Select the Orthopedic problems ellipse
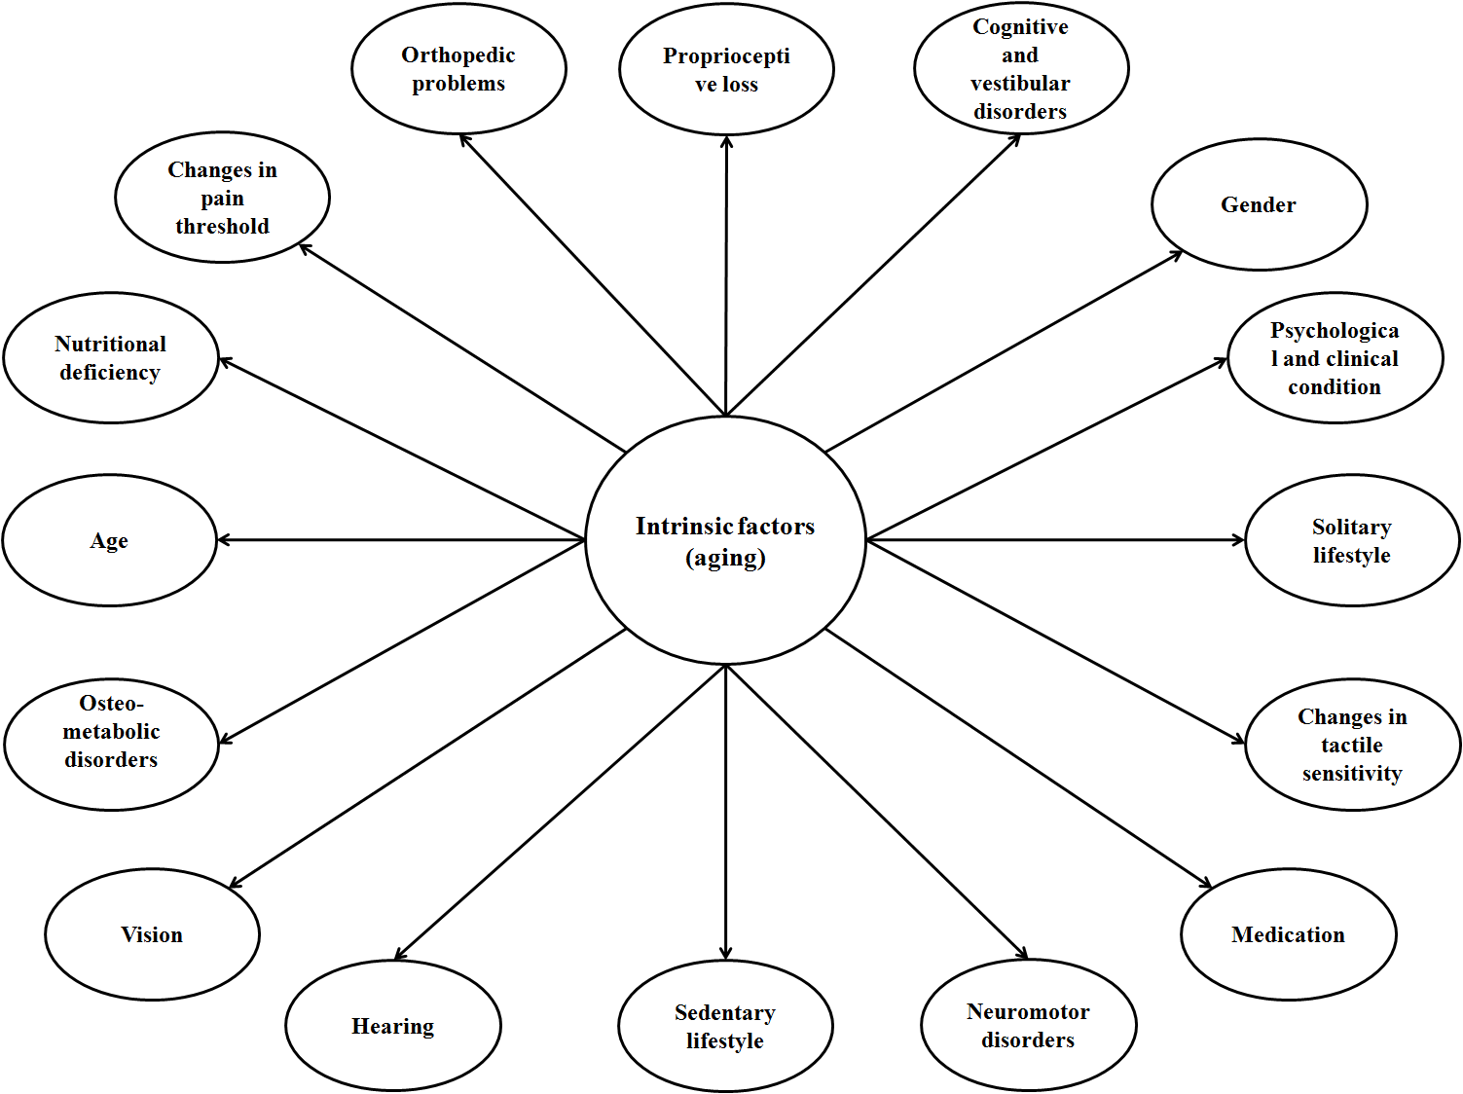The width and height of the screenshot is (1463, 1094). [x=458, y=69]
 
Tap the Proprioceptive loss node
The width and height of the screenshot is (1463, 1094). [x=726, y=70]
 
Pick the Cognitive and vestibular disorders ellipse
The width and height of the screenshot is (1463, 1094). [x=1021, y=69]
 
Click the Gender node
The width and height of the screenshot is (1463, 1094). [x=1259, y=204]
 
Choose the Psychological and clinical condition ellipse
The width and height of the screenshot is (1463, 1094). [x=1335, y=358]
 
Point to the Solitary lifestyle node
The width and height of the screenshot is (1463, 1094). [x=1352, y=540]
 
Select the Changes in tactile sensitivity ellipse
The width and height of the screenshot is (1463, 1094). [x=1352, y=745]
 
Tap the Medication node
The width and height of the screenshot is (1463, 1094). [x=1288, y=934]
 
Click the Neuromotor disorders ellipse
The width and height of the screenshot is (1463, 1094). [x=1028, y=1026]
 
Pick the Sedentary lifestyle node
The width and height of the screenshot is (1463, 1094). [x=725, y=1027]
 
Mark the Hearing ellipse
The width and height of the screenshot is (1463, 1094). [x=393, y=1026]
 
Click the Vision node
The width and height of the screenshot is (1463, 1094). [x=152, y=934]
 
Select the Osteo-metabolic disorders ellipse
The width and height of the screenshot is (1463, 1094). [x=111, y=745]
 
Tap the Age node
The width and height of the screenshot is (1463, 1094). [x=109, y=540]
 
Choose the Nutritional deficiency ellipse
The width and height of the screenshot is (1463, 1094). [x=110, y=358]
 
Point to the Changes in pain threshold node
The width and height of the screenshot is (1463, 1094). [x=222, y=198]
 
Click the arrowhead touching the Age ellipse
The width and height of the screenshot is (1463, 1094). [x=223, y=540]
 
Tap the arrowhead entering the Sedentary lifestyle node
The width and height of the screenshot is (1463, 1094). [x=725, y=954]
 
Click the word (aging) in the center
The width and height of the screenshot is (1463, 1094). [x=725, y=559]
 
